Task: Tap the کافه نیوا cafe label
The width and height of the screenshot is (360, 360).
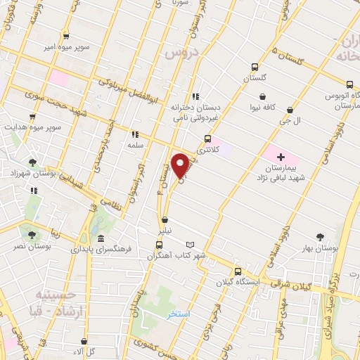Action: point(263,108)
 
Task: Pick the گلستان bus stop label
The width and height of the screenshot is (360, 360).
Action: point(255,79)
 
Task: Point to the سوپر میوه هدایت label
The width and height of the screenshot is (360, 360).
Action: point(31,128)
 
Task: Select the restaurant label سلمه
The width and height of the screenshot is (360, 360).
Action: point(135,143)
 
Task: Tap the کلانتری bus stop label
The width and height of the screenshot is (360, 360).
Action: point(207,150)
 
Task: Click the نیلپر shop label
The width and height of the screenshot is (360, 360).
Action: point(165,230)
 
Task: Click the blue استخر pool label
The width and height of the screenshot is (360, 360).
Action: point(179,314)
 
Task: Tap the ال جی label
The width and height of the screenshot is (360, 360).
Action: point(300,121)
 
